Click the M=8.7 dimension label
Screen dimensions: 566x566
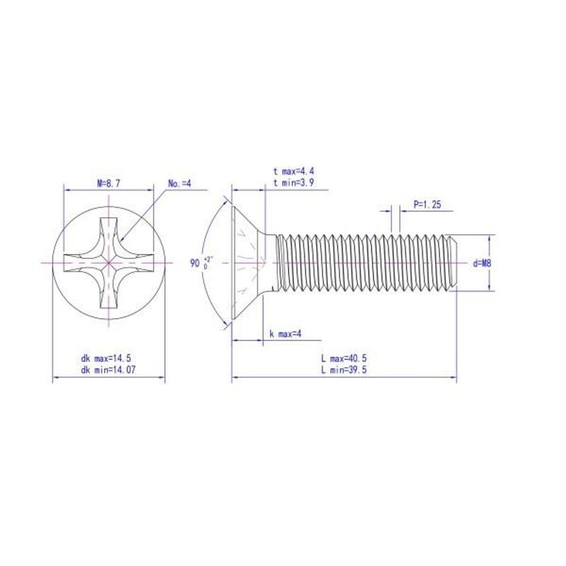(x=108, y=183)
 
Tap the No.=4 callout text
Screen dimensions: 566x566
(x=180, y=183)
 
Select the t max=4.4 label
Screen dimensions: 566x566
(x=294, y=171)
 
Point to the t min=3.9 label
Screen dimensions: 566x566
(x=294, y=183)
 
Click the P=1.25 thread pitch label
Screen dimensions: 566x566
(x=427, y=204)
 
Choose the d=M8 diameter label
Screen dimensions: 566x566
(x=483, y=263)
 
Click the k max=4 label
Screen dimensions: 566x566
(x=285, y=334)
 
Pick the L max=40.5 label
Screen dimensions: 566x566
(x=344, y=359)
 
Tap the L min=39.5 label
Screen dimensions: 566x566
(x=344, y=369)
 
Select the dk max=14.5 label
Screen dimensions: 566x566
(x=105, y=359)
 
